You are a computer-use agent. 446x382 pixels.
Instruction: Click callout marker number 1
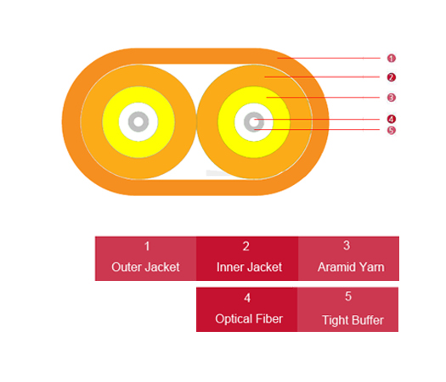(392, 59)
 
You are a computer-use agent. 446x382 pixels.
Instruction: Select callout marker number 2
(391, 77)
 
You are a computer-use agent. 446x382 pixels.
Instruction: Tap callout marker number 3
(392, 98)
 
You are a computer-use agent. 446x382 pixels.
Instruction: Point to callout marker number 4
(392, 119)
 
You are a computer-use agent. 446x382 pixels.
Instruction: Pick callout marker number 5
(392, 131)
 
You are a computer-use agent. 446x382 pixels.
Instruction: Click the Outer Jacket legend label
(145, 267)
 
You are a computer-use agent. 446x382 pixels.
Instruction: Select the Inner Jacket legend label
(249, 267)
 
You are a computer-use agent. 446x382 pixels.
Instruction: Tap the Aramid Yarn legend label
(351, 267)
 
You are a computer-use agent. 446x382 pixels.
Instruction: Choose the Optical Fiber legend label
(249, 319)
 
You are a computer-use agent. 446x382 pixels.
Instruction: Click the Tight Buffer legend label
(353, 320)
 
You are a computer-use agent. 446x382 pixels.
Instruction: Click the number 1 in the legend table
(147, 246)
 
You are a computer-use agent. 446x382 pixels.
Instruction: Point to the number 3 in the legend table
(347, 245)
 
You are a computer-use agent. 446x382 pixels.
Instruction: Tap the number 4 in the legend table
(247, 298)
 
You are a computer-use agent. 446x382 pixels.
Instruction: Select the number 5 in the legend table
(348, 296)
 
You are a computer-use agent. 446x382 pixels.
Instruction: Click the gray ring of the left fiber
(131, 122)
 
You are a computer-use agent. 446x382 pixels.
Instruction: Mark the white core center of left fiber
(138, 122)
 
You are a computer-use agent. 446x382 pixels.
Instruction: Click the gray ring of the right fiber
(246, 122)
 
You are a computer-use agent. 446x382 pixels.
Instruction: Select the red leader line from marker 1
(329, 59)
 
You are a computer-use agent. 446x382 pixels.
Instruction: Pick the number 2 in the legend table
(246, 246)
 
